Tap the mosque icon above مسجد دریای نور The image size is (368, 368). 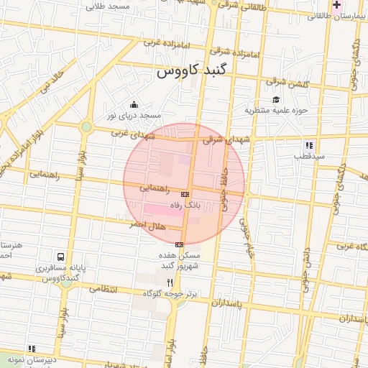click(134, 105)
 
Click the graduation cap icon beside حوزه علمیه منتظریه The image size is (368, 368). click(276, 99)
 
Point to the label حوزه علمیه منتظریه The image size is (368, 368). click(277, 110)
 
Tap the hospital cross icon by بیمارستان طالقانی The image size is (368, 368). click(336, 6)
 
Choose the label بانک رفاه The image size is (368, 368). click(183, 205)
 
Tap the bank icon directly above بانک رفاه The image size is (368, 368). click(185, 194)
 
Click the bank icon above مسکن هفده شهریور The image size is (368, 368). click(179, 245)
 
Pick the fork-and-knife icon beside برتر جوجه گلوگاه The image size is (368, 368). click(170, 282)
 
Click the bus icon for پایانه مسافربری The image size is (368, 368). click(61, 257)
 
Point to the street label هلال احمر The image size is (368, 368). click(147, 225)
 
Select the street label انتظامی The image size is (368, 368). click(103, 289)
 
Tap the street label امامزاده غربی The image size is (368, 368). click(160, 43)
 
